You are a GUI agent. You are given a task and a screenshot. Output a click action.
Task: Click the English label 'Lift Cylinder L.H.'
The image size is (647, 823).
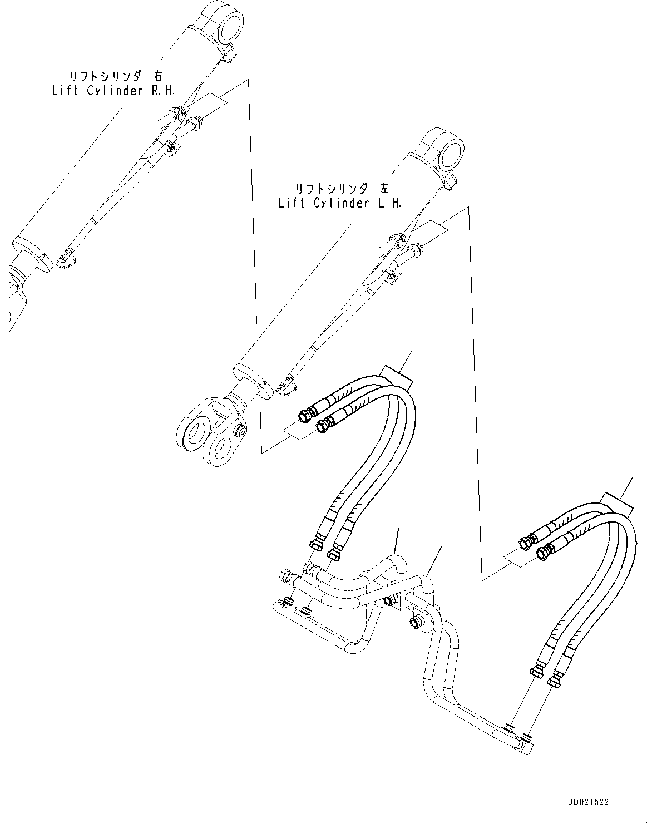tap(339, 203)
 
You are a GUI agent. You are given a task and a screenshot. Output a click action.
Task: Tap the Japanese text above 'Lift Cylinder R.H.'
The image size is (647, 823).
tap(116, 76)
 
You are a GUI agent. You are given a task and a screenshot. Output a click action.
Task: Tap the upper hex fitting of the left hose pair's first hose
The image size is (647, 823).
tap(307, 415)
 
